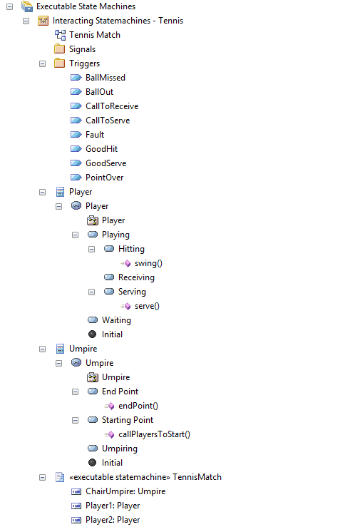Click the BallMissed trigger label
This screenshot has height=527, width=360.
[x=105, y=78]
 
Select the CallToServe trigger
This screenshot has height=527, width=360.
[x=108, y=121]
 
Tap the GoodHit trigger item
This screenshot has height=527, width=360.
[x=101, y=149]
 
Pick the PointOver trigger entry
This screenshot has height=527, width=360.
[x=105, y=178]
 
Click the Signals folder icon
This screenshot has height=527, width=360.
[x=59, y=48]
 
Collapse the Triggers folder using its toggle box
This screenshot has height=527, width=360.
[x=42, y=63]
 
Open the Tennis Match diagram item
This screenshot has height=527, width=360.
[x=94, y=35]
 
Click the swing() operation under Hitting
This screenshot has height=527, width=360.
[x=148, y=263]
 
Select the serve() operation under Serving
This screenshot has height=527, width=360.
[x=147, y=306]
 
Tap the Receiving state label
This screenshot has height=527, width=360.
[x=136, y=277]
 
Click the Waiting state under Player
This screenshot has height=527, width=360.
[x=116, y=320]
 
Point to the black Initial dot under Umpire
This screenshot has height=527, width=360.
[x=93, y=463]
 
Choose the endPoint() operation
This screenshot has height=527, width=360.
[x=138, y=406]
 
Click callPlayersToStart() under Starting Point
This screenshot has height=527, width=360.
[x=154, y=434]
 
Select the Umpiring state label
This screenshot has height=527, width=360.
[x=120, y=449]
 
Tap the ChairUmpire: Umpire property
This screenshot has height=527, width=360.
[x=125, y=491]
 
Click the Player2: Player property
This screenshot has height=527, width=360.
[x=113, y=520]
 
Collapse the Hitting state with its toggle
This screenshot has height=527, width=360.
[x=92, y=249]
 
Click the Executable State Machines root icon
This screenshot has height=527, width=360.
[x=27, y=6]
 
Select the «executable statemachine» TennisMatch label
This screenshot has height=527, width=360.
[x=145, y=477]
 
